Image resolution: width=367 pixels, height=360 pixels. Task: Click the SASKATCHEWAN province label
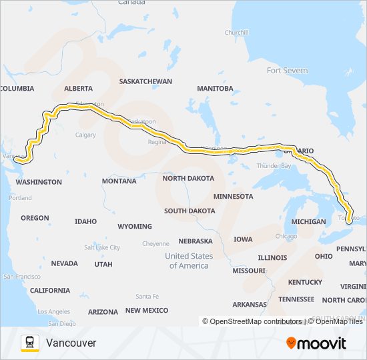coord(145,81)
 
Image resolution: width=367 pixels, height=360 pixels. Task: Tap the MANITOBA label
coord(215,88)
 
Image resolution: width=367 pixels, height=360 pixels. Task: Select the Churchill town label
coord(236,32)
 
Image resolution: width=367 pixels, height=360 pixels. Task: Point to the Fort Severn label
coord(287,71)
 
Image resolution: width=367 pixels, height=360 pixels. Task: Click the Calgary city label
coord(85,135)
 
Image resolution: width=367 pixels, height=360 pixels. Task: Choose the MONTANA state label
coord(119,181)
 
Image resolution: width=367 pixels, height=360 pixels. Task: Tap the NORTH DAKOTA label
coord(188,179)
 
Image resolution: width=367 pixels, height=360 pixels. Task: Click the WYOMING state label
coord(135,227)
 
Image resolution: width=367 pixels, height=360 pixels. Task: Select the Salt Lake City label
coord(102,247)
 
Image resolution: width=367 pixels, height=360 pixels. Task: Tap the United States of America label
coord(189,261)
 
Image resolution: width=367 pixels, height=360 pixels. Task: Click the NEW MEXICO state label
coord(147,311)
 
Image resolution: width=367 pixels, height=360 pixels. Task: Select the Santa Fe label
coord(147,296)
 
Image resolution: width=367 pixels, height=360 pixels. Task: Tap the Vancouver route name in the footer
coord(71,343)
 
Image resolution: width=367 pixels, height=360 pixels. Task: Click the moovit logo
coord(316,343)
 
